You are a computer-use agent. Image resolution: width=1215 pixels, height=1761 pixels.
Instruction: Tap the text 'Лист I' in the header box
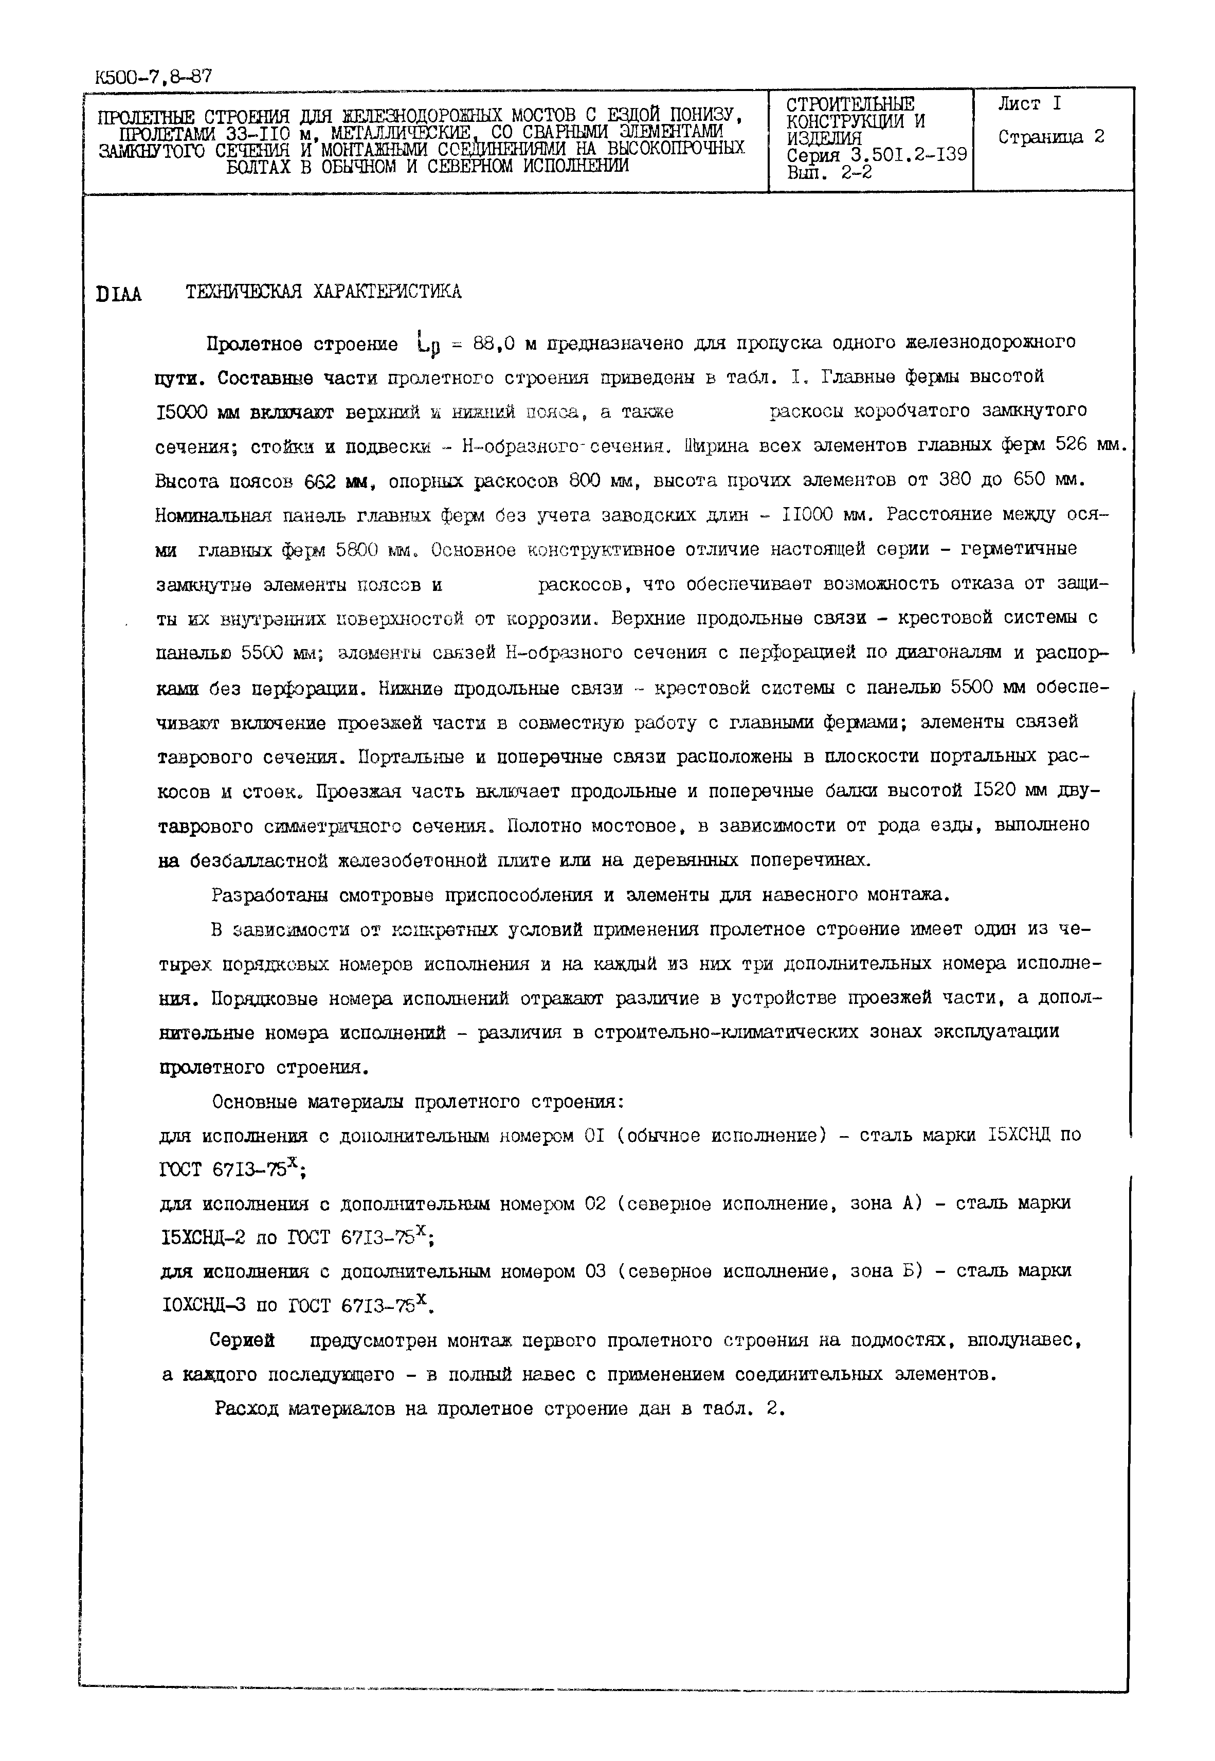(x=1029, y=104)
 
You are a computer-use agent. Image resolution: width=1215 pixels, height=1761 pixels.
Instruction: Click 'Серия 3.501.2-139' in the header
(x=876, y=155)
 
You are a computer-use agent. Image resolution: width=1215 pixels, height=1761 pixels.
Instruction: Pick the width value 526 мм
(x=1089, y=445)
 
